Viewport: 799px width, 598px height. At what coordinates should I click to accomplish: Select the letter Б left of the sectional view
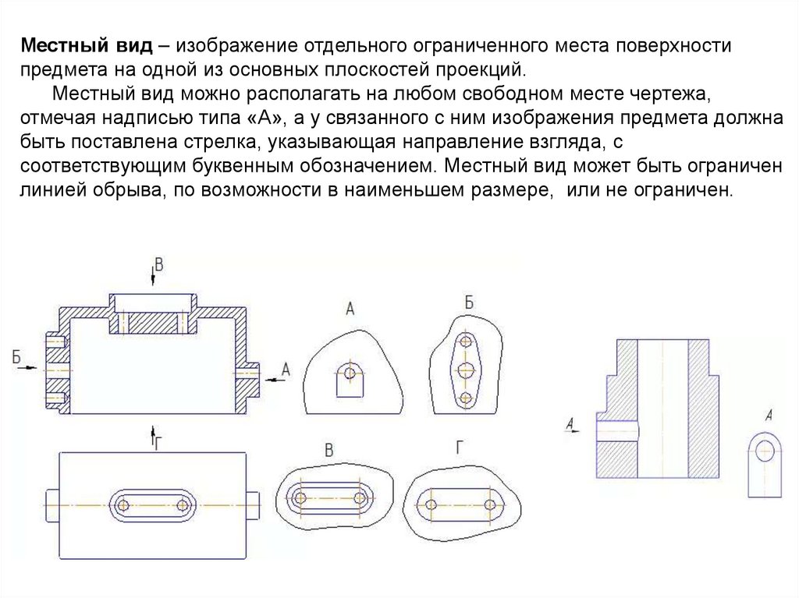(x=16, y=356)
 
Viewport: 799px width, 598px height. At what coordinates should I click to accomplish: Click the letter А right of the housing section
(x=285, y=370)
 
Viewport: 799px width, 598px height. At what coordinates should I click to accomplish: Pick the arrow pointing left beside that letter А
(x=272, y=378)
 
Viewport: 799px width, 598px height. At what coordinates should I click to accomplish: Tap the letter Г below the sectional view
(x=158, y=442)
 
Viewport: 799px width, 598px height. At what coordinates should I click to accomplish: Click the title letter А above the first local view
(x=350, y=310)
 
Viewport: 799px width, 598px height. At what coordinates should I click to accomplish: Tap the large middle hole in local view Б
(x=467, y=369)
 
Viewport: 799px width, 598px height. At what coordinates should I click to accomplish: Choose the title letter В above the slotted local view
(x=328, y=450)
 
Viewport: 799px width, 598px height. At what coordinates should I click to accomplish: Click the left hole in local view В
(x=299, y=497)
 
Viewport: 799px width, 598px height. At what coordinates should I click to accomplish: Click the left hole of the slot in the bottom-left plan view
(x=123, y=505)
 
